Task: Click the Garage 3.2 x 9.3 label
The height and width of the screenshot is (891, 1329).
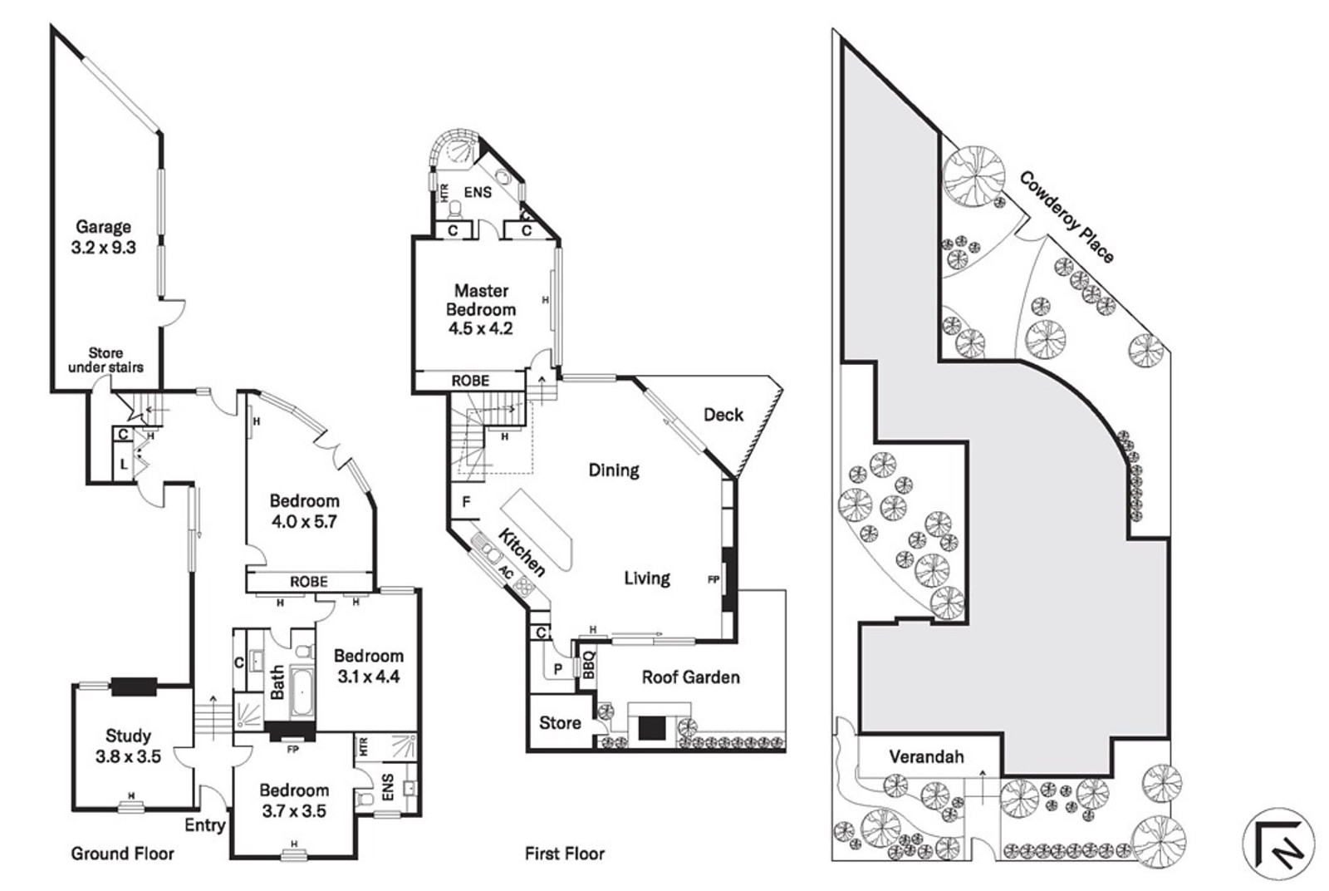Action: (105, 237)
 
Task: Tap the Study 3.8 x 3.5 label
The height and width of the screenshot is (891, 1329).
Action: (128, 746)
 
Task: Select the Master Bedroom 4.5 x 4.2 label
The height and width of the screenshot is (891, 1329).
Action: (481, 309)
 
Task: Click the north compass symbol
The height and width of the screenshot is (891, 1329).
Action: (1278, 844)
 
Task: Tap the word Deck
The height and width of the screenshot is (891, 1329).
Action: (723, 414)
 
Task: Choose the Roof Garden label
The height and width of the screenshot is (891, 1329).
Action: (690, 677)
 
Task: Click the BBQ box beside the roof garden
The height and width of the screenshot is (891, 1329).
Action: (587, 666)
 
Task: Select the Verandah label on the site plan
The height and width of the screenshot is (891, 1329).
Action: (926, 756)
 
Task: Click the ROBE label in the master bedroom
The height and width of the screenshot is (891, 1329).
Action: (470, 381)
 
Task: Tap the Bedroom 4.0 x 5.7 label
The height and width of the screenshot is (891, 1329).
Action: (304, 511)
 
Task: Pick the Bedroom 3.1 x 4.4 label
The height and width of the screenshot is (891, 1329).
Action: (368, 666)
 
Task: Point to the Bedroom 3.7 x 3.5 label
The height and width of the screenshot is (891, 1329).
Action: (294, 800)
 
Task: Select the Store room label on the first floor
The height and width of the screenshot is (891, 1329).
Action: (560, 723)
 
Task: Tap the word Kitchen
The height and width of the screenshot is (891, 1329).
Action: (522, 552)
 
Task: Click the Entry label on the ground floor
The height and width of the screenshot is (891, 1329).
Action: (204, 825)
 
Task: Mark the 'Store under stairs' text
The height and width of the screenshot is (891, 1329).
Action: (105, 360)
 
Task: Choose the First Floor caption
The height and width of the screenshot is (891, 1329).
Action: (565, 854)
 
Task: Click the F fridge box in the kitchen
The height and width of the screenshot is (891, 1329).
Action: (466, 502)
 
